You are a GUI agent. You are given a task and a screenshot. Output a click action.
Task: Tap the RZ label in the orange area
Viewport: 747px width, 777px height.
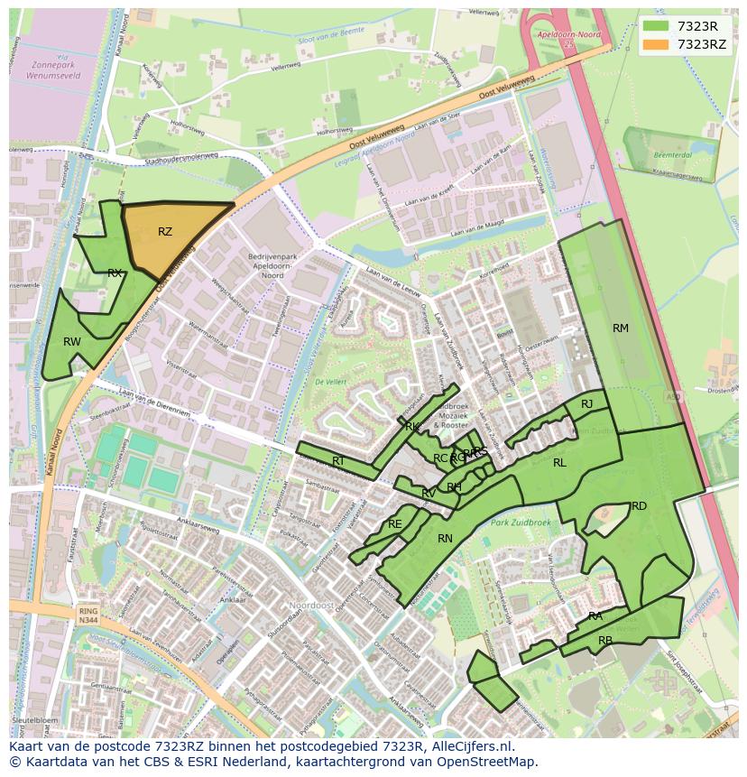coord(165,232)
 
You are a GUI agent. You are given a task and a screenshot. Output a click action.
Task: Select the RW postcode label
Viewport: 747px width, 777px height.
coord(72,342)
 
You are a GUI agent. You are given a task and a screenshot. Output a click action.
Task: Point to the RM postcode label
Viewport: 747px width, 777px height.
coord(621,328)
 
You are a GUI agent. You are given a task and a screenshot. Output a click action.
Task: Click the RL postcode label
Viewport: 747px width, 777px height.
coord(559,463)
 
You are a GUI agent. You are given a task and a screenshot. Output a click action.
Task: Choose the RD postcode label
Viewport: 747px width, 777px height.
coord(639,506)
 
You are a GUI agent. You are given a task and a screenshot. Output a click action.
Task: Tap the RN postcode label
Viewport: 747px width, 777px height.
coord(445,539)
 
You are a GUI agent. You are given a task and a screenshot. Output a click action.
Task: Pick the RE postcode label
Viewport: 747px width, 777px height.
coord(394,524)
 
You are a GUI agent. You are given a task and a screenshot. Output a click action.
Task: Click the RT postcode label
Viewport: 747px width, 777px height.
coord(338,461)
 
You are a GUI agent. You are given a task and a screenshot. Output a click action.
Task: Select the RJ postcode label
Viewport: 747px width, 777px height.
coord(586,404)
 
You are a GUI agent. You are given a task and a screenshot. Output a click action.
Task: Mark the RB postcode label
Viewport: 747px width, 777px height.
coord(605,641)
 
